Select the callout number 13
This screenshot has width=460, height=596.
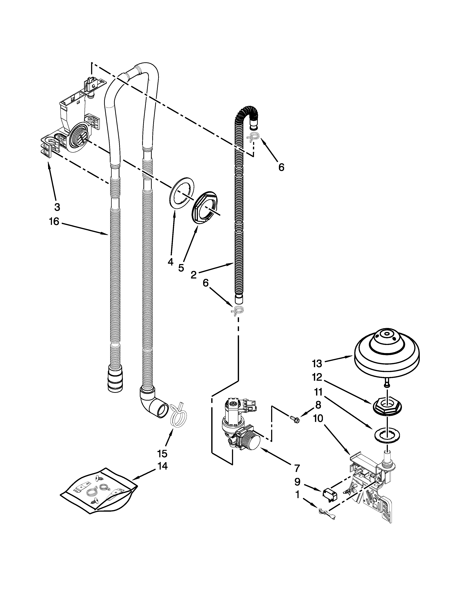pyautogui.click(x=317, y=364)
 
